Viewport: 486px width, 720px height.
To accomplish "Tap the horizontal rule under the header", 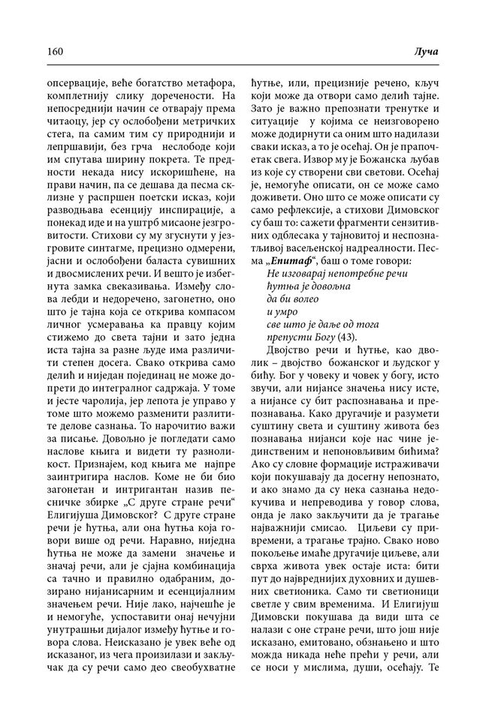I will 243,65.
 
